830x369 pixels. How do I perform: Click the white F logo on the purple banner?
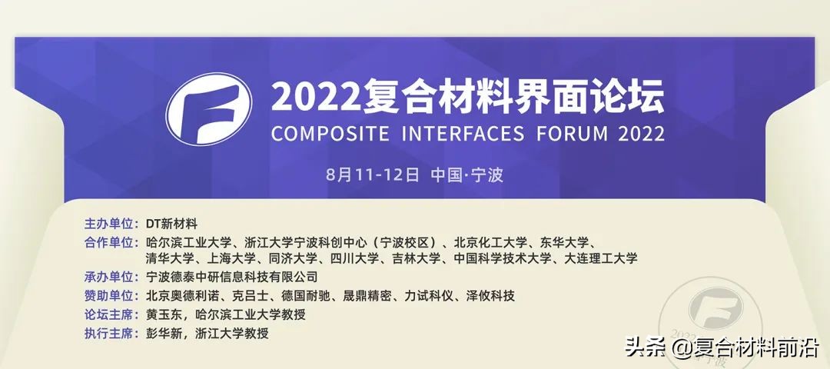209,109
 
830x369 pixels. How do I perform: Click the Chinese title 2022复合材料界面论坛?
467,96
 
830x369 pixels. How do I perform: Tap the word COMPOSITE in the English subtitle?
330,134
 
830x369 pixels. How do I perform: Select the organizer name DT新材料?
171,224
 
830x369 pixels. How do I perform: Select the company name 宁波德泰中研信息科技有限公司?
232,276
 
